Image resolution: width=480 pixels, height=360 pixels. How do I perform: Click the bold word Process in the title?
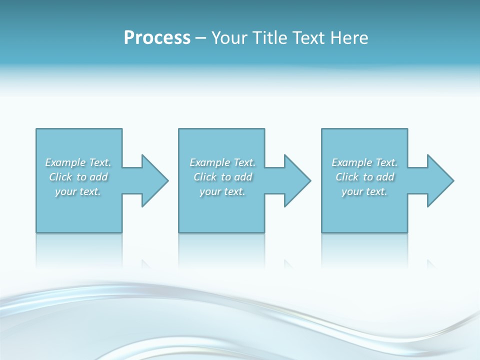tap(157, 37)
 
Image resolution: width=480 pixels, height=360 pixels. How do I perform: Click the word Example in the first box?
tap(65, 162)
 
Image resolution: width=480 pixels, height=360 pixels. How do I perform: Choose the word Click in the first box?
tap(61, 177)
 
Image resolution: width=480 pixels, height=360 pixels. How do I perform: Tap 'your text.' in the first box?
tap(78, 191)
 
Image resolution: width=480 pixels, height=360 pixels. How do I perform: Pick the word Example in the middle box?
tap(209, 162)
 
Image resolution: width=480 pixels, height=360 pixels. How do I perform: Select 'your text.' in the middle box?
tap(222, 191)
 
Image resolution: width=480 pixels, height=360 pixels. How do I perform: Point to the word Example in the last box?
tap(351, 162)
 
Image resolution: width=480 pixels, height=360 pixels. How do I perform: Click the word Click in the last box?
tap(347, 177)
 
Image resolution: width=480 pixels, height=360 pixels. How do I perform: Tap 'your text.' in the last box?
tap(364, 191)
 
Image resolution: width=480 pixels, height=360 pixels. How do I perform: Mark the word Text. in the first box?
tap(99, 162)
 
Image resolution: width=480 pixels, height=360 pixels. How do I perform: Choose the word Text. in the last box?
tap(386, 162)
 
